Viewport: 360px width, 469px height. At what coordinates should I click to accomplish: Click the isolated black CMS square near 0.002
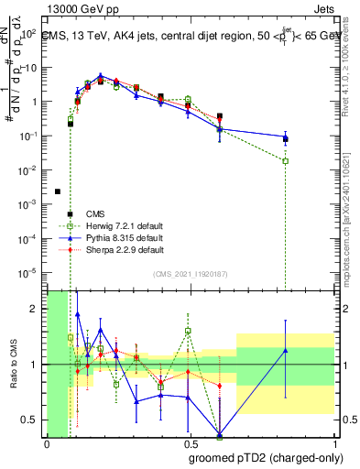pos(58,191)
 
